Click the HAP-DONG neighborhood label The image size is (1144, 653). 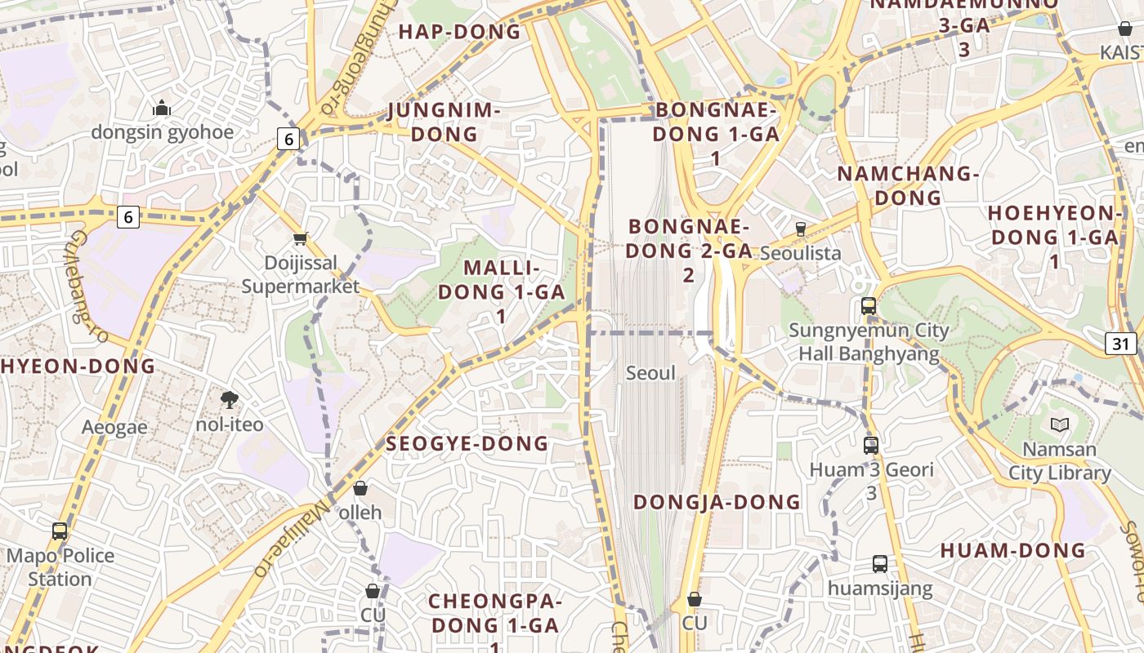[x=459, y=32]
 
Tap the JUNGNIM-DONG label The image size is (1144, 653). [x=445, y=122]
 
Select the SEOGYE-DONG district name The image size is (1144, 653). [x=467, y=443]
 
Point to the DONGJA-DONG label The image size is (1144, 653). [x=717, y=502]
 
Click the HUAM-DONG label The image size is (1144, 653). [x=1012, y=550]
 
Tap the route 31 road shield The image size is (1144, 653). [x=1120, y=344]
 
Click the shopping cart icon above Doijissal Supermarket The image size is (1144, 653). [x=301, y=238]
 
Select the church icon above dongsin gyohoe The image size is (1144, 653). [x=162, y=108]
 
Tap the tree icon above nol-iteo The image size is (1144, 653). [x=230, y=400]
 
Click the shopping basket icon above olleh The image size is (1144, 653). [x=360, y=488]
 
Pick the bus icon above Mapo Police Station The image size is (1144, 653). [x=60, y=531]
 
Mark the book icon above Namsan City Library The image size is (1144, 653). [x=1060, y=424]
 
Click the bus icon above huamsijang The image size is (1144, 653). [x=879, y=563]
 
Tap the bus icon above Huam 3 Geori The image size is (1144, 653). [x=871, y=446]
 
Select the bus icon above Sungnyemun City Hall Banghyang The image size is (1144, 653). [x=869, y=306]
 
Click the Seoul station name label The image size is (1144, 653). [x=650, y=373]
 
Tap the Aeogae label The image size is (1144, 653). [x=114, y=427]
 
